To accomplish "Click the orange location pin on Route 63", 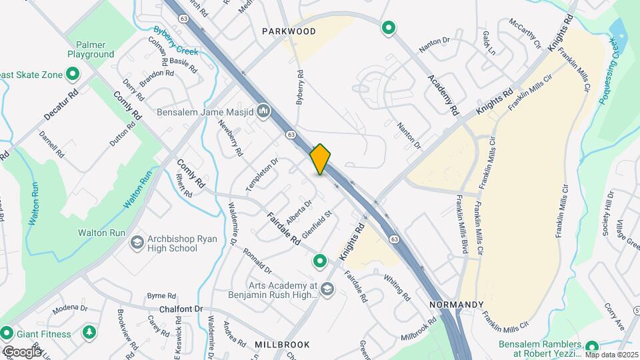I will pyautogui.click(x=321, y=159).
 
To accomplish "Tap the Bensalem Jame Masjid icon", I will pyautogui.click(x=263, y=110).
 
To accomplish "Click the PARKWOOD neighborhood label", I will pyautogui.click(x=289, y=31).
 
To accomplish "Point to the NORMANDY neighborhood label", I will pyautogui.click(x=456, y=304).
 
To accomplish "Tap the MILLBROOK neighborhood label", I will pyautogui.click(x=283, y=344).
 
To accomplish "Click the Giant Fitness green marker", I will pyautogui.click(x=7, y=332).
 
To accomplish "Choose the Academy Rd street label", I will pyautogui.click(x=443, y=93).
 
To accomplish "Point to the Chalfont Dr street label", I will pyautogui.click(x=181, y=309).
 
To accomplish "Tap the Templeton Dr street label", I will pyautogui.click(x=261, y=175).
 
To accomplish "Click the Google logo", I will pyautogui.click(x=22, y=351).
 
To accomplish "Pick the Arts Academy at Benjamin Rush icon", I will pyautogui.click(x=327, y=289).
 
